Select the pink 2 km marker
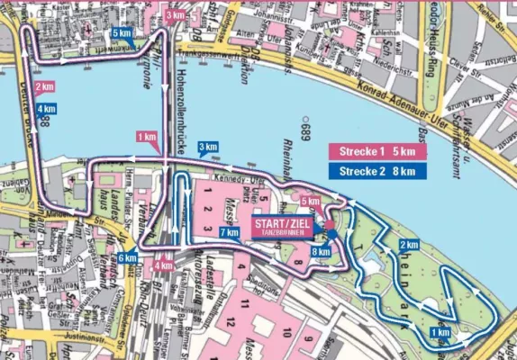43,87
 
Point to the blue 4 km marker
46,110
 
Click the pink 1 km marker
146,137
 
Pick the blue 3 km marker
207,148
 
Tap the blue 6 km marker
127,258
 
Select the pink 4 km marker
164,265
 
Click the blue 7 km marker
229,233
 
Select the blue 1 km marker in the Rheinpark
440,332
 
